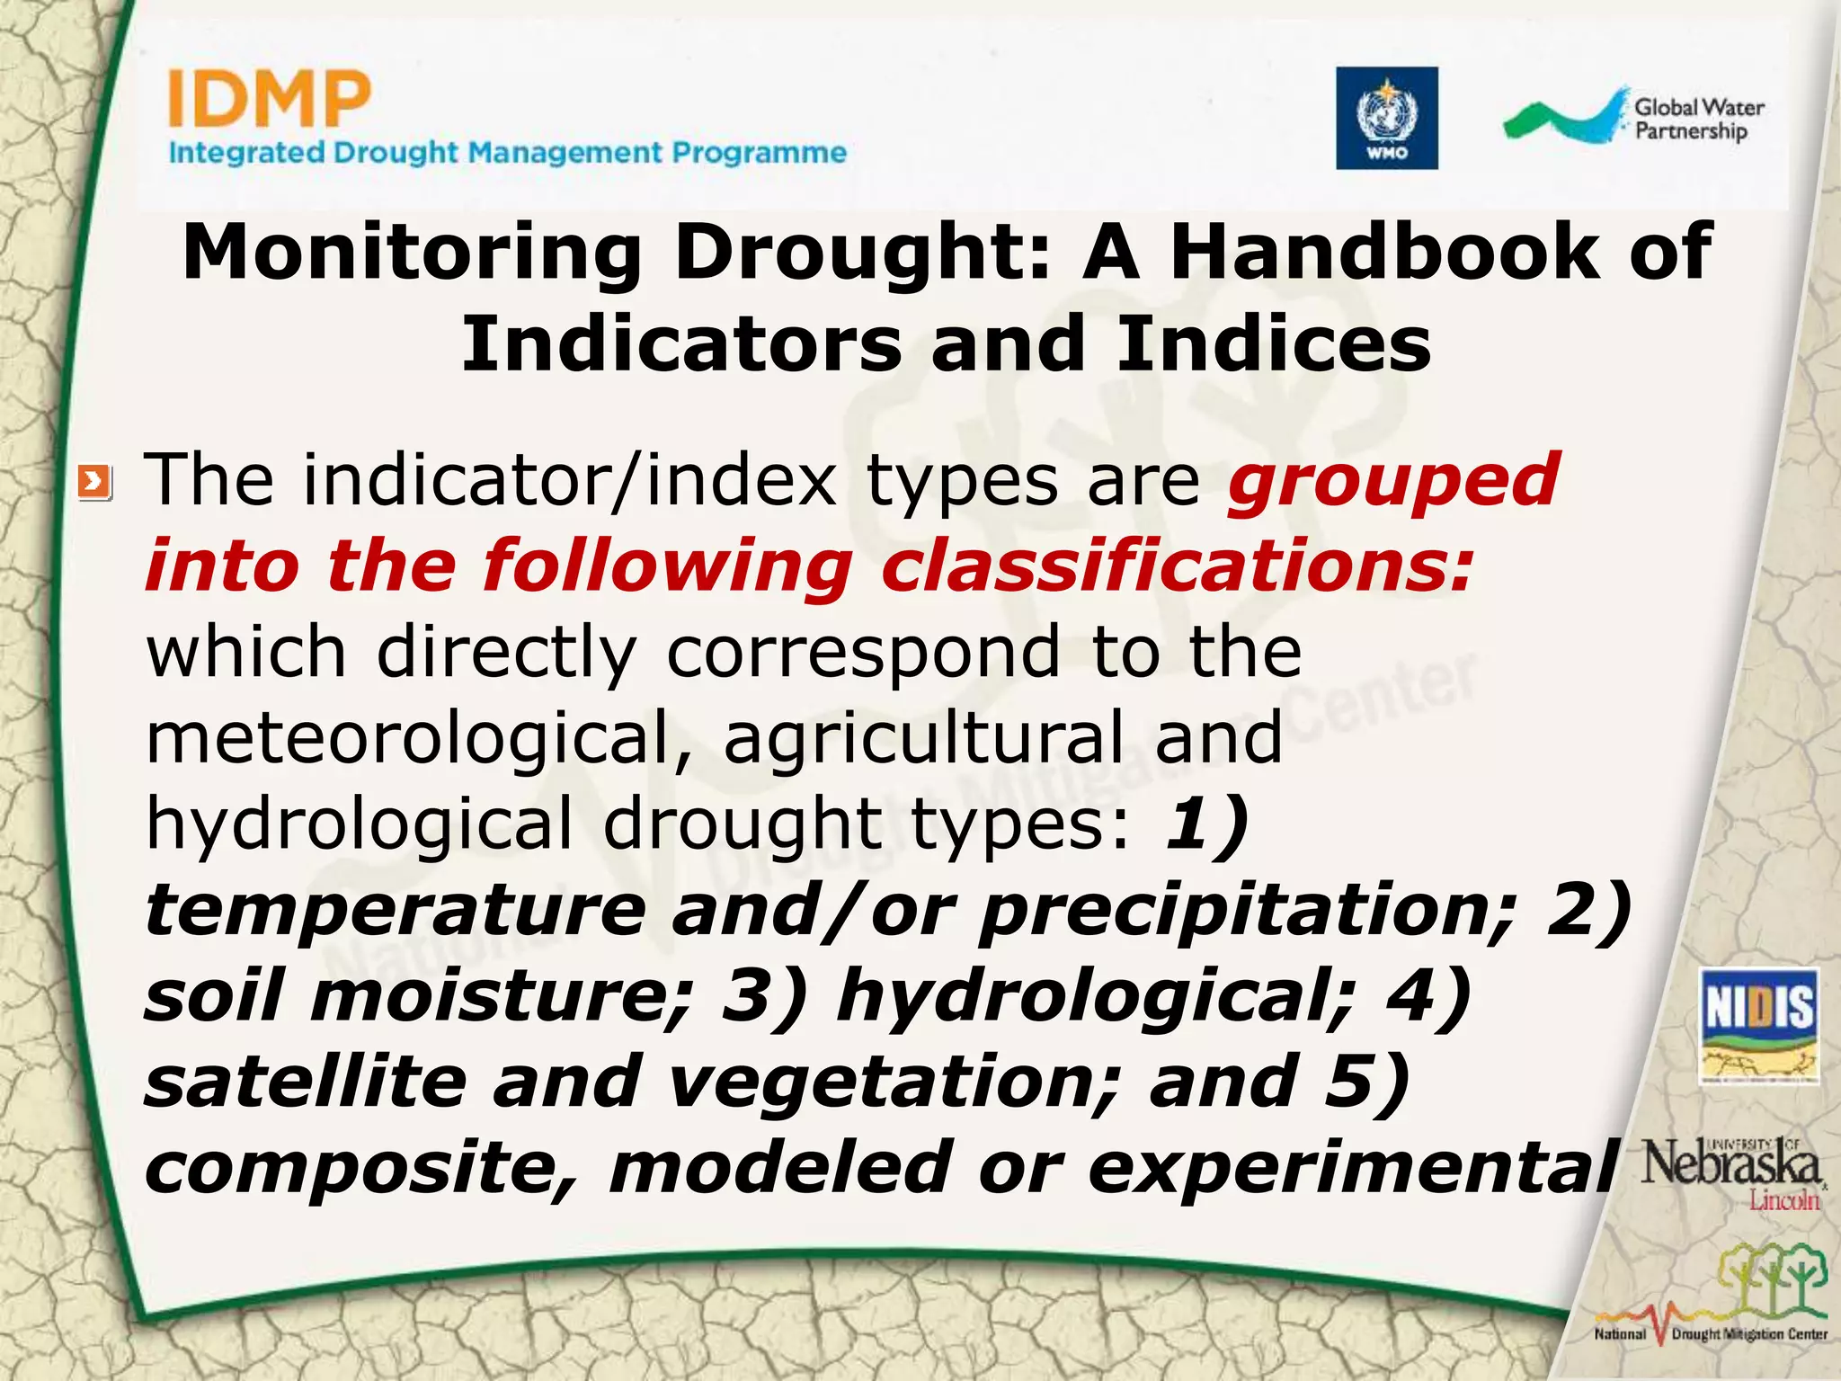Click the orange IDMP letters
tap(269, 101)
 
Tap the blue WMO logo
tap(1386, 118)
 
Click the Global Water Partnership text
tap(1697, 120)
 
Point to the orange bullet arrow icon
tap(94, 483)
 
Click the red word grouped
tap(1392, 481)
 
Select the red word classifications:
tap(1178, 566)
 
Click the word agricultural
tap(923, 737)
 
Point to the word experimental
tap(1354, 1167)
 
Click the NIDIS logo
tap(1758, 1026)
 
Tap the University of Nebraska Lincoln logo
tap(1730, 1172)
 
